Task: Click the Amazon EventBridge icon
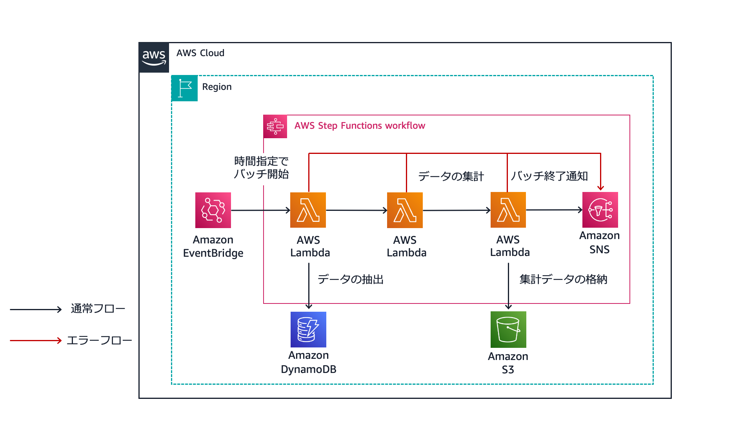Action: pos(213,210)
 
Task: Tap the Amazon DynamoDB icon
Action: pos(308,329)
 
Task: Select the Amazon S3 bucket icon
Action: pos(508,329)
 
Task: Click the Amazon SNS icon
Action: pos(600,210)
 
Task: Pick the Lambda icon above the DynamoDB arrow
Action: pos(308,210)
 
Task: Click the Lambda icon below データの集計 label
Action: pos(405,210)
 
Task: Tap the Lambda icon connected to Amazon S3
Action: pos(508,210)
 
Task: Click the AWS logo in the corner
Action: pos(154,58)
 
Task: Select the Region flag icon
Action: pos(185,88)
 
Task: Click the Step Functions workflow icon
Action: pos(275,126)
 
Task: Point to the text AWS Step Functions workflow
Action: pos(360,126)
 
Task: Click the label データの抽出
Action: pos(350,280)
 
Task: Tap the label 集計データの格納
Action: pos(563,280)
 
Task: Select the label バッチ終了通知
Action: pos(549,176)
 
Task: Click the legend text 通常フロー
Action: pos(98,309)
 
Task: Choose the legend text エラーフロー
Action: pos(99,340)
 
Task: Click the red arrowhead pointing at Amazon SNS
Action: pos(600,188)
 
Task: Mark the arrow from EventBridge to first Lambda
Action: pos(260,210)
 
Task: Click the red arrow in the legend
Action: pos(36,340)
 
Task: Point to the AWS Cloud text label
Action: pos(200,53)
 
